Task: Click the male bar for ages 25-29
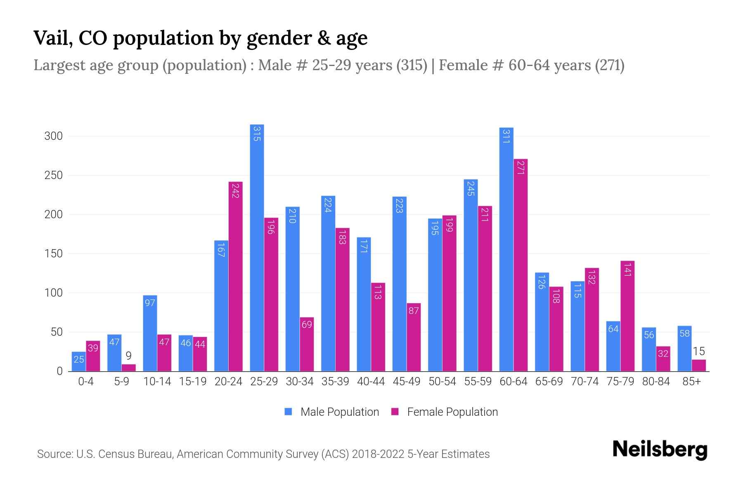click(257, 247)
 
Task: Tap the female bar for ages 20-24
click(235, 276)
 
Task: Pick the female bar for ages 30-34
click(307, 344)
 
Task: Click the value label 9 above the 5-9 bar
click(128, 356)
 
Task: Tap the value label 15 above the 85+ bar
click(698, 351)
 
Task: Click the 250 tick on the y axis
click(54, 175)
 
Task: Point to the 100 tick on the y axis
click(54, 293)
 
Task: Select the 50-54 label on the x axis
click(442, 382)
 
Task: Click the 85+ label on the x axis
click(691, 382)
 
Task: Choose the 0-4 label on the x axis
click(86, 382)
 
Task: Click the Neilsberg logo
click(660, 450)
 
